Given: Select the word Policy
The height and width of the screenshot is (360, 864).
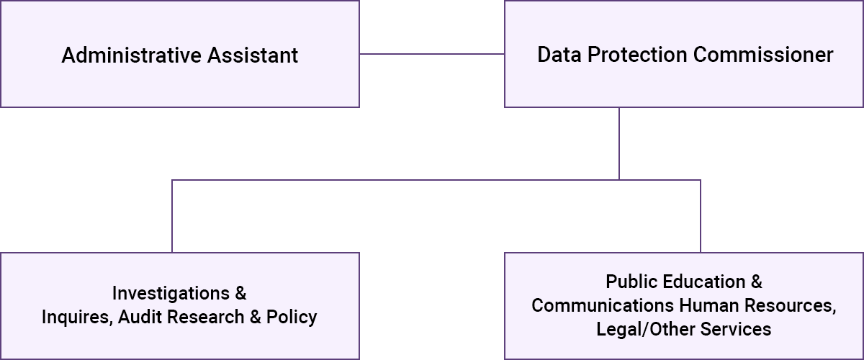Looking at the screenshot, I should tap(292, 318).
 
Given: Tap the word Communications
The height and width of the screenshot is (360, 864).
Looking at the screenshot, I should tap(593, 305).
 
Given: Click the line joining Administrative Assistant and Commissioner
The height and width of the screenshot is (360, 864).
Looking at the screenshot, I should tap(431, 54).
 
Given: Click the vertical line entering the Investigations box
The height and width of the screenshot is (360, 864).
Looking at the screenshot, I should tap(172, 216).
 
